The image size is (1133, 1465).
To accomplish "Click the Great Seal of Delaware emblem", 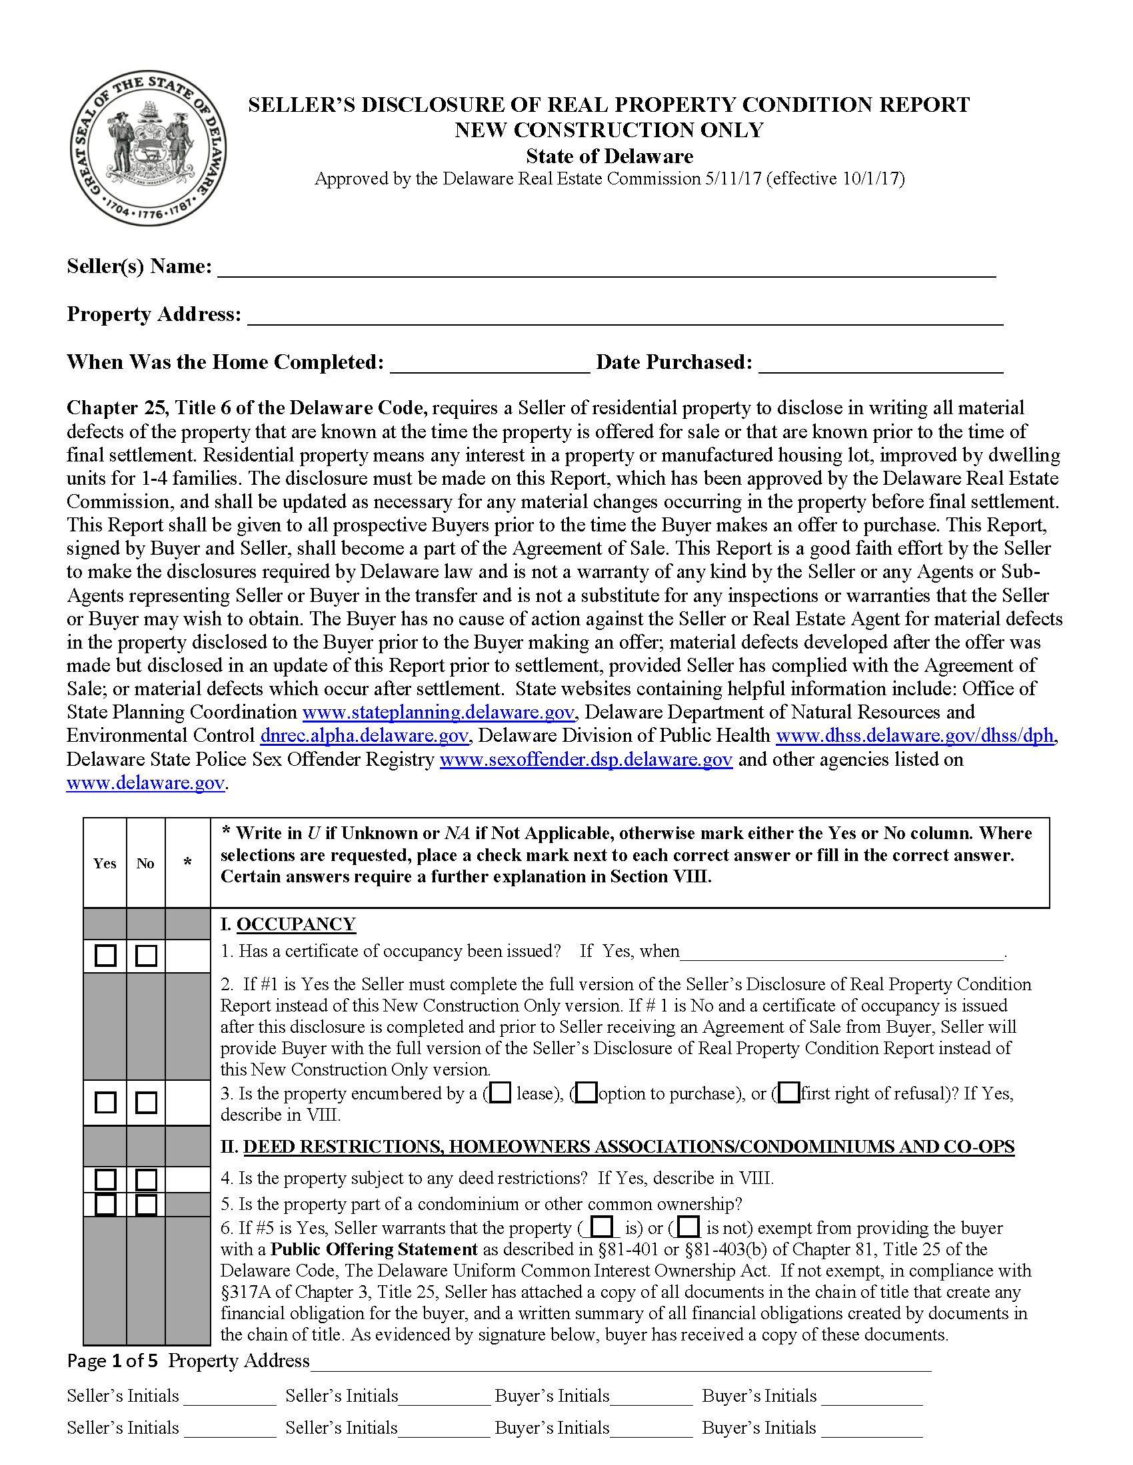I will click(x=149, y=148).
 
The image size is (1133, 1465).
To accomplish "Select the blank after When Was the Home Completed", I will click(x=489, y=364).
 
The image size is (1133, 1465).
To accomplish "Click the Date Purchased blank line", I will click(x=880, y=364).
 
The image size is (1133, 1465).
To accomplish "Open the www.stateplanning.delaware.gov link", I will click(x=439, y=713).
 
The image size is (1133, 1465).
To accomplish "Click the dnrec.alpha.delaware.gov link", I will click(x=364, y=736).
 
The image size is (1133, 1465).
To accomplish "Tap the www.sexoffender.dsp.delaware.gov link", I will click(x=585, y=759).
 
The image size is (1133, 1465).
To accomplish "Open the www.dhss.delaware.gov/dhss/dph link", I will click(x=914, y=736).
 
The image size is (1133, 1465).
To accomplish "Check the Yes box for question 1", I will click(x=105, y=955).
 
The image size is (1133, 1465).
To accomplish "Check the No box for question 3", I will click(x=146, y=1102).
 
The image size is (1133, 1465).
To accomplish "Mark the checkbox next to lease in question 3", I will click(x=500, y=1093).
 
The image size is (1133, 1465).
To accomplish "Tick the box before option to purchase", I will click(x=586, y=1093).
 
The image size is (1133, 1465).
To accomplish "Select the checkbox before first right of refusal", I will click(x=789, y=1093).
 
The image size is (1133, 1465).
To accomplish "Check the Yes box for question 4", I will click(x=105, y=1179).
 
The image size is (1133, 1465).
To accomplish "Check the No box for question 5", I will click(x=146, y=1205).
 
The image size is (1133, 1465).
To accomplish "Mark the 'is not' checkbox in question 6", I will click(x=688, y=1227).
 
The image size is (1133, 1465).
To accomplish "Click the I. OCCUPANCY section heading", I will click(x=288, y=924).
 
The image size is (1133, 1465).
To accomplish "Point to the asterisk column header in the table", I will click(x=188, y=862).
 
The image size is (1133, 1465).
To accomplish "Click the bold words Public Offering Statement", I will click(x=374, y=1249).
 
